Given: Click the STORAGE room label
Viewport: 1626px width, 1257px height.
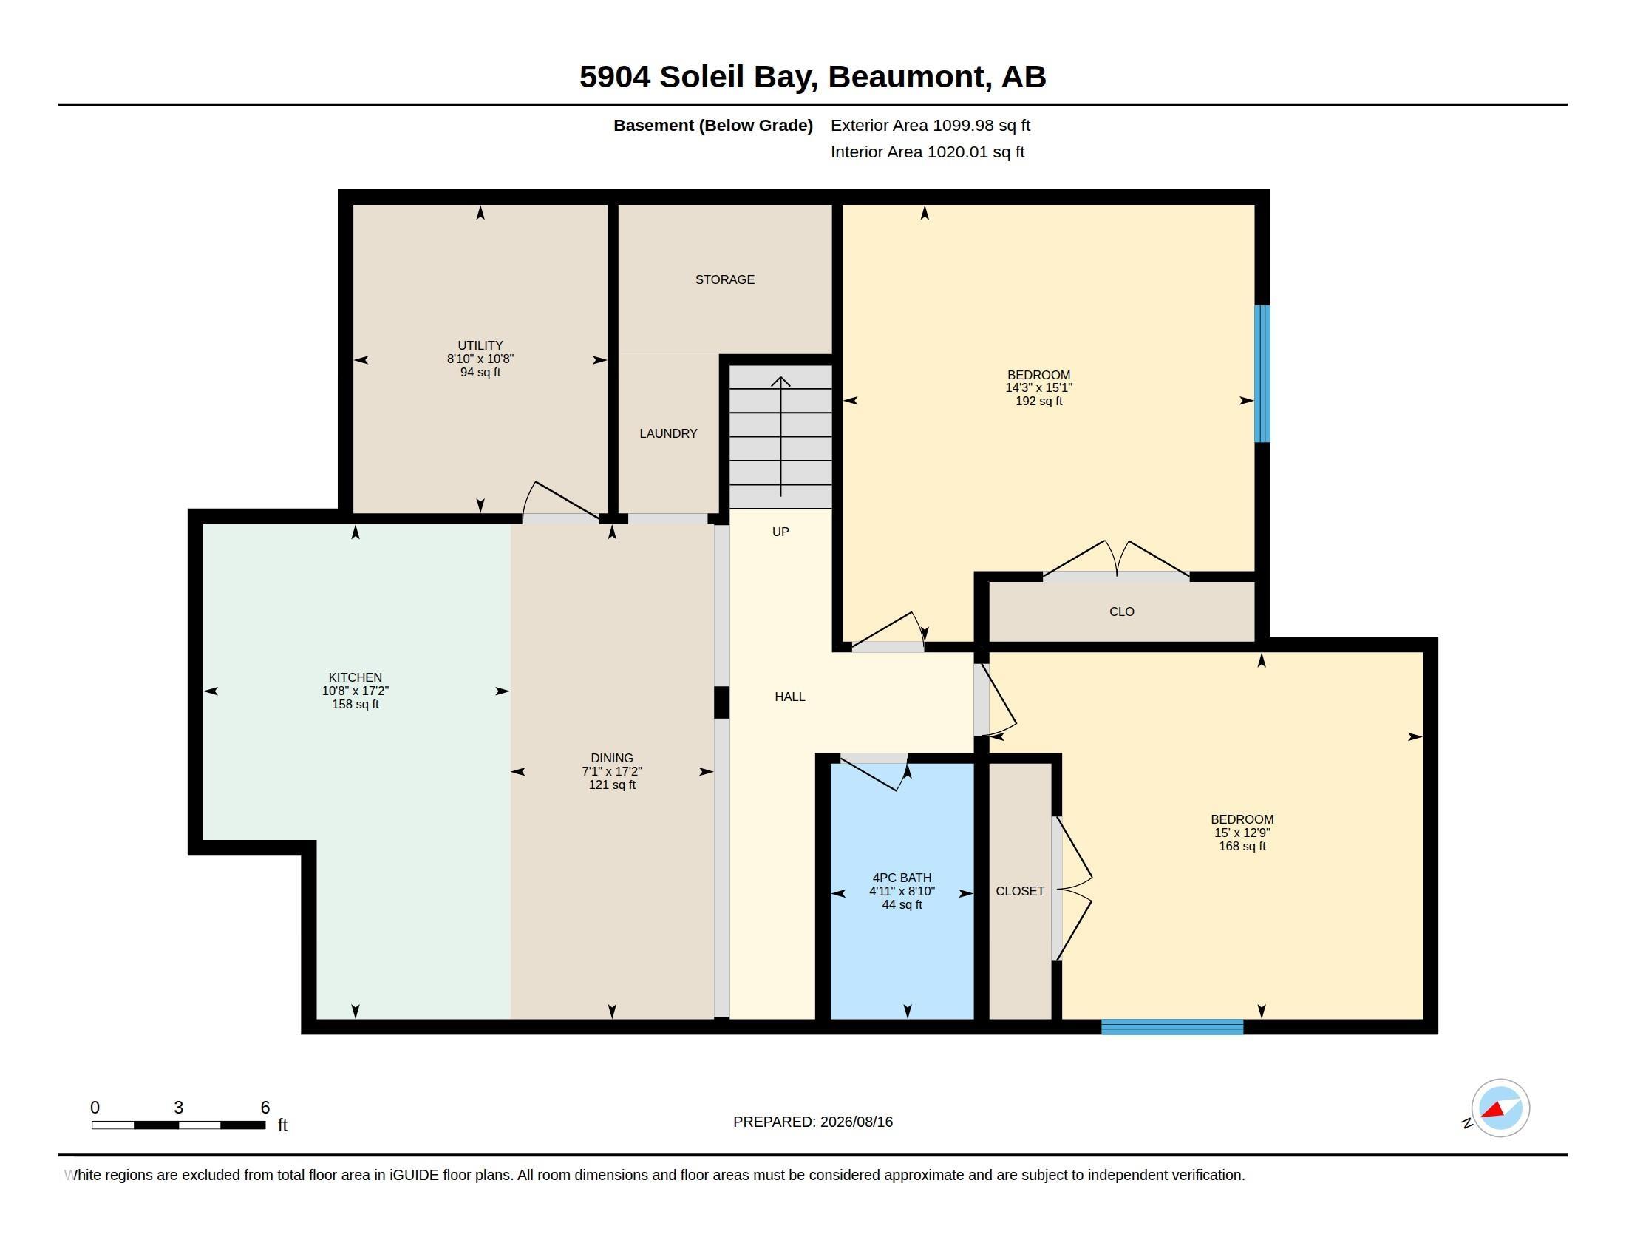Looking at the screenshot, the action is coord(724,280).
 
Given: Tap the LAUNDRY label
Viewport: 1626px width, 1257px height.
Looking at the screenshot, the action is coord(668,433).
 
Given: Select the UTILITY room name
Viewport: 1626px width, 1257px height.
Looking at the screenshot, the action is coord(480,345).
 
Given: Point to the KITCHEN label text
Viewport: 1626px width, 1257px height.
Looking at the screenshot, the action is coord(355,677).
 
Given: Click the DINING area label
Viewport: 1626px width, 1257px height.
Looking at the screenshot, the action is coord(612,758).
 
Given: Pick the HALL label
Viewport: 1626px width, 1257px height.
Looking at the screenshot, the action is coord(790,697).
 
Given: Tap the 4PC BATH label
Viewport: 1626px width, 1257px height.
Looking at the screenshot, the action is coord(902,878).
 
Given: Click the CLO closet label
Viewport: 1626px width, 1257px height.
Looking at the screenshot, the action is coord(1121,612).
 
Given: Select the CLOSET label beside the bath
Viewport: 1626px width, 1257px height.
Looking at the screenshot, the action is coord(1020,892).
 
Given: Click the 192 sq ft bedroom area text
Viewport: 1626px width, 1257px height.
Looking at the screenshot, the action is coord(1038,402).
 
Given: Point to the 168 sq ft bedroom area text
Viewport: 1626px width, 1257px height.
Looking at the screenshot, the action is coord(1242,847).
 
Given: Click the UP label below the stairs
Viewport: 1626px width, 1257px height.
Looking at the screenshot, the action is coord(780,532).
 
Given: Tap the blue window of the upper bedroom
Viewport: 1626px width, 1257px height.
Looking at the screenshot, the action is coord(1262,374).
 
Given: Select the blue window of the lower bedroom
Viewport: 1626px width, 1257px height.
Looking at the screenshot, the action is coord(1172,1027).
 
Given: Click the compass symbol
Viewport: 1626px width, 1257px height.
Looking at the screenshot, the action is coord(1500,1108).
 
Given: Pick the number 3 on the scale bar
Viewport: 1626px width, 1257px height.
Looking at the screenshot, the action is coord(179,1108).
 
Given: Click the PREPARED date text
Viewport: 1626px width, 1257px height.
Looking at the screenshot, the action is coord(813,1122).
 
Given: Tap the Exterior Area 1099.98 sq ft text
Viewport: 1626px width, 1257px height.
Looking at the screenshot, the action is coord(930,126).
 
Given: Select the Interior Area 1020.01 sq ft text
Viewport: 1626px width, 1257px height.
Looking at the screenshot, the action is coord(927,152).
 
